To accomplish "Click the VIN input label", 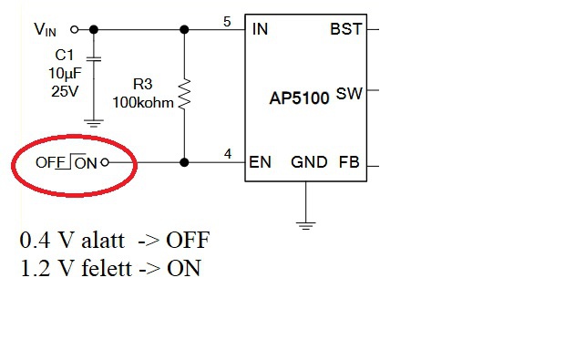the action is click(45, 29).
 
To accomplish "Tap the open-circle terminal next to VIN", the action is click(75, 29).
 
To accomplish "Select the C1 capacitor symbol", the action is click(94, 58).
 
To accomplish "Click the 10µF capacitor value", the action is click(66, 73).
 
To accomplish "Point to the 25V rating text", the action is click(65, 91).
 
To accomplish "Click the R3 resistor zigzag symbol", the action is click(184, 94).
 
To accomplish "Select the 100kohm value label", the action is click(143, 103).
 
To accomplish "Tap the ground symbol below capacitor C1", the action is click(94, 123).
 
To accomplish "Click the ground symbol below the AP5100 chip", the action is click(305, 226).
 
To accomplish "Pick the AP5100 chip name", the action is click(299, 98).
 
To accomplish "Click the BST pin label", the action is click(345, 29).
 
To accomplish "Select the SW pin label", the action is click(349, 94).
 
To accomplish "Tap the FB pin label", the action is click(349, 162).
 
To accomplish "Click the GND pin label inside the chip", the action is click(309, 162).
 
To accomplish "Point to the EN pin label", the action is click(260, 162).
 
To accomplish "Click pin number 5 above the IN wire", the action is click(227, 22).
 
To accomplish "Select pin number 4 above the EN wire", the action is click(228, 154).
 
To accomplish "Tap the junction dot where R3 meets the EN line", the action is click(184, 162).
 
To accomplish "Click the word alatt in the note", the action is click(103, 240).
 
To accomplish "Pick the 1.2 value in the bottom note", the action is click(35, 269).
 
